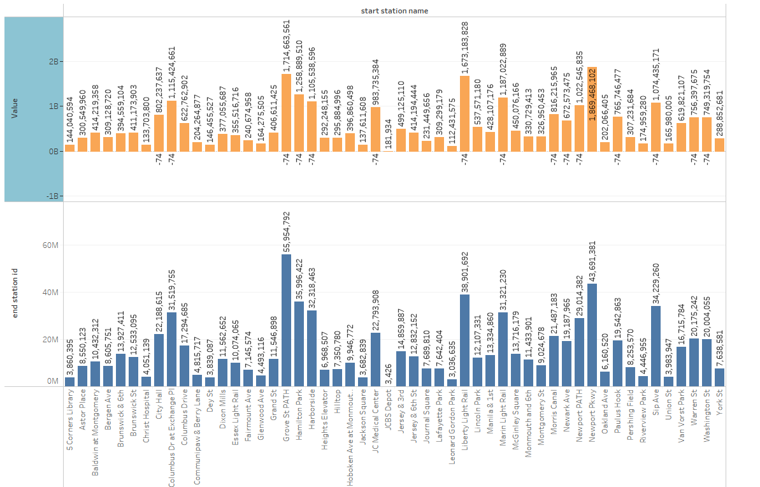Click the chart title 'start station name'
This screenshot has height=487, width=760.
pos(394,11)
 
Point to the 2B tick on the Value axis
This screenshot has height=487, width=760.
pos(54,62)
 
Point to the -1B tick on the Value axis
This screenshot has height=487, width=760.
pos(53,196)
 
